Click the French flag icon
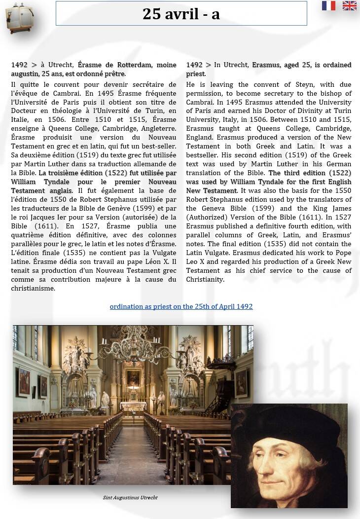click(328, 5)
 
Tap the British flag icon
click(350, 5)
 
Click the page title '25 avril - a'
click(181, 14)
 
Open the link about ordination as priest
click(181, 306)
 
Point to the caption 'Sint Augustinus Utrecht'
click(130, 497)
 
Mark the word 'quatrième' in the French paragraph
click(27, 235)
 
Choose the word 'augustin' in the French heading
click(24, 74)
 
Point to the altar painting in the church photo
click(133, 377)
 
